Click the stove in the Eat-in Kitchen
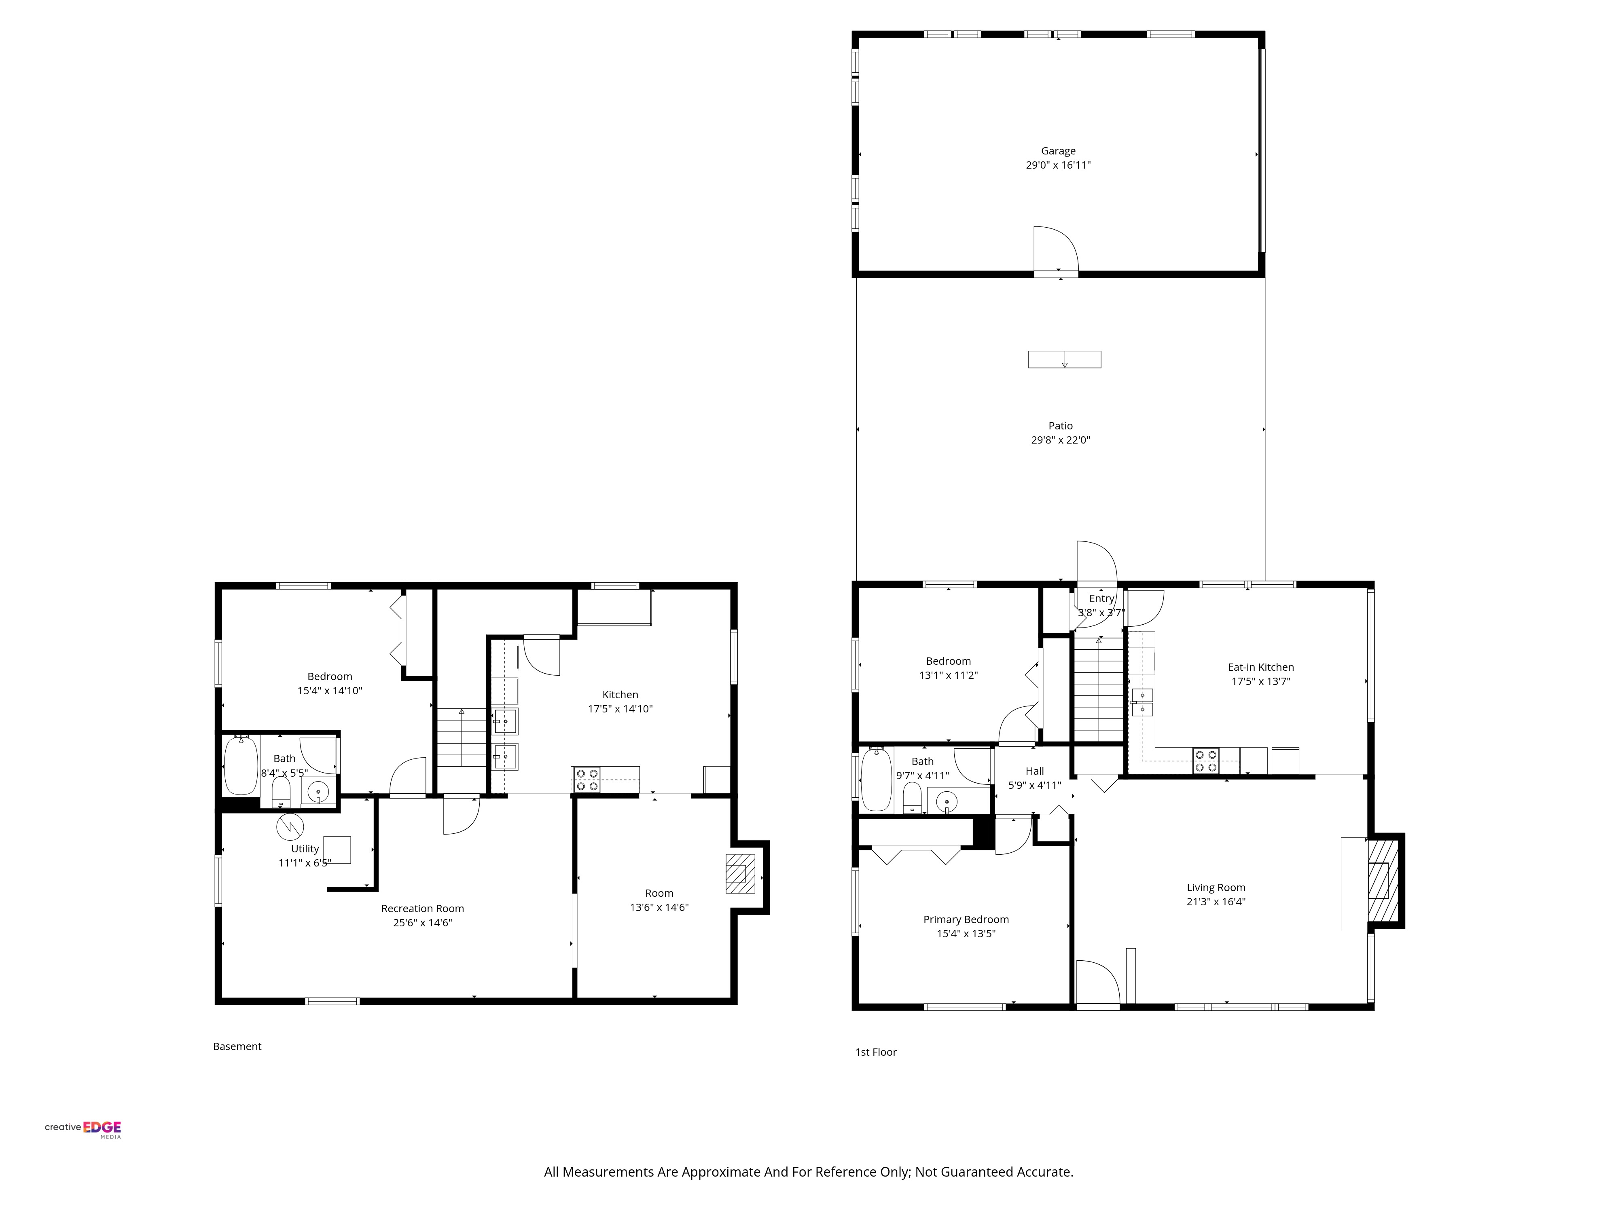(1205, 761)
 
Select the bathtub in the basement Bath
(241, 765)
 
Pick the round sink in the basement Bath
(318, 792)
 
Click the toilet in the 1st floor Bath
(912, 797)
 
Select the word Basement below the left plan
(237, 1046)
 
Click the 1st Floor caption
(876, 1052)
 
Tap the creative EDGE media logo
(83, 1128)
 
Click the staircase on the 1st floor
(1098, 689)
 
